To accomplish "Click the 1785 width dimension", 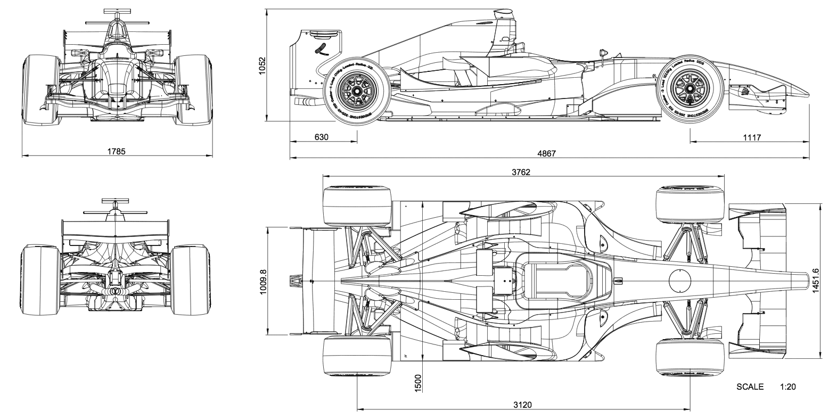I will [x=116, y=151].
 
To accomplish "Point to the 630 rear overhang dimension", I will [x=322, y=137].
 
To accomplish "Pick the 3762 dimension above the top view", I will [x=521, y=172].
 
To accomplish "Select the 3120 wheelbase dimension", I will [x=522, y=404].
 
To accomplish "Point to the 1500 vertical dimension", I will [x=418, y=383].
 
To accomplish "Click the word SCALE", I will [x=750, y=387].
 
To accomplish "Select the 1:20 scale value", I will [x=787, y=387].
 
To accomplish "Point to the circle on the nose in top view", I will [x=680, y=280].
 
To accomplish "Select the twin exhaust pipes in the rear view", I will [x=115, y=292].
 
